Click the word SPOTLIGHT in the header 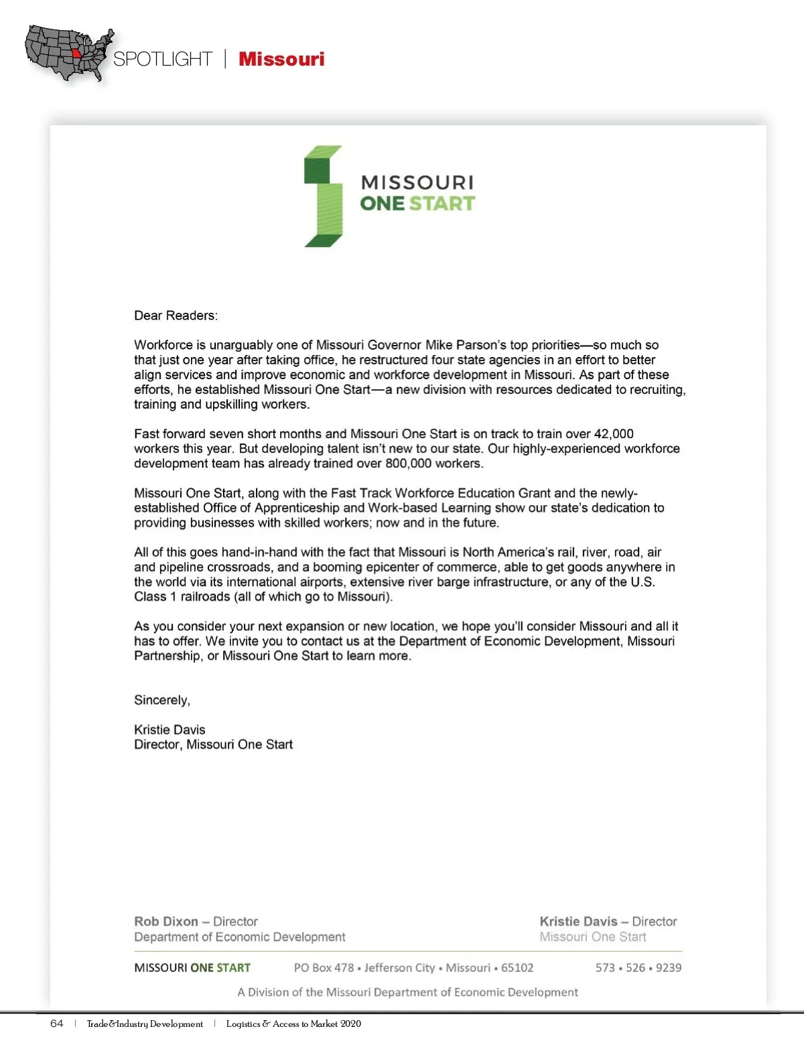pos(162,59)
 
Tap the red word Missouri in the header pos(281,59)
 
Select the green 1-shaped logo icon pos(324,196)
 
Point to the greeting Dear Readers pos(176,315)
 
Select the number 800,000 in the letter pos(409,464)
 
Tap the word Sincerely pos(162,700)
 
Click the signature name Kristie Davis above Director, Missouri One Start pos(170,729)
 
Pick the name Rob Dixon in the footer pos(166,922)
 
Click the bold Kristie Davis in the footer pos(578,922)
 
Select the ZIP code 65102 pos(517,968)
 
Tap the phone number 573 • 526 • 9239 pos(638,968)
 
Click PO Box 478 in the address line pos(324,968)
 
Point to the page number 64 pos(57,1024)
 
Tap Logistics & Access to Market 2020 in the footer pos(293,1024)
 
